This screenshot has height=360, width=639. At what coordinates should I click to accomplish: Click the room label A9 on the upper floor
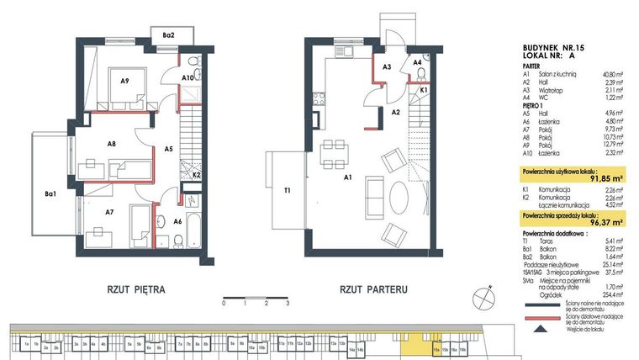pos(124,82)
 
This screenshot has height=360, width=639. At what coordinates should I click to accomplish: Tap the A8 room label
pos(111,144)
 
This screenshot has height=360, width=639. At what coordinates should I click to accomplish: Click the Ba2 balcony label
pos(168,34)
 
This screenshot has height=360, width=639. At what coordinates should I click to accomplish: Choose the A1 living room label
pos(346,177)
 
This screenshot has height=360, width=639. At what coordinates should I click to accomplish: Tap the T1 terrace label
pos(287,191)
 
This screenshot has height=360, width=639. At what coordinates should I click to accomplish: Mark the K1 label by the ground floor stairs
pos(424,89)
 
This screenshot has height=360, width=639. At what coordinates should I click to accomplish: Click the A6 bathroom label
pos(177,221)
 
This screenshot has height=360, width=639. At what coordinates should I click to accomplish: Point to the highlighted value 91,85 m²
pos(599,178)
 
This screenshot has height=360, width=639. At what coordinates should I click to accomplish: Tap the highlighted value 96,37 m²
pos(599,223)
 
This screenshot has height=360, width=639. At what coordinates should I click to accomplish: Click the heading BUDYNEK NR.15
pos(548,48)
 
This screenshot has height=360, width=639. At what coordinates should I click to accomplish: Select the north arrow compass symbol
pos(486,295)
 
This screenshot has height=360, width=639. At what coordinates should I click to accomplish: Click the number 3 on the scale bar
pos(288,302)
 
